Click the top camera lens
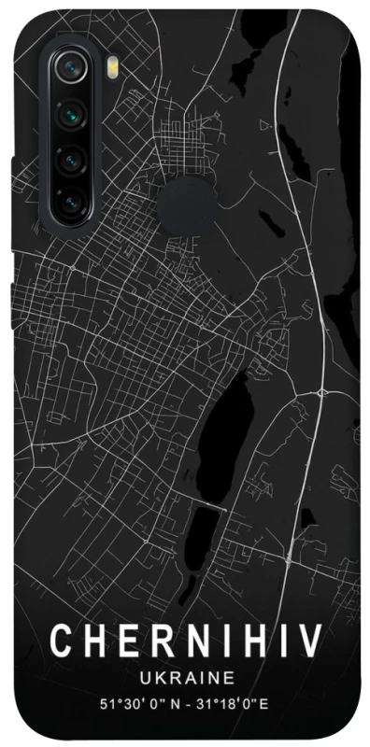[x=68, y=68]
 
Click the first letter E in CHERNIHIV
[x=124, y=643]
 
